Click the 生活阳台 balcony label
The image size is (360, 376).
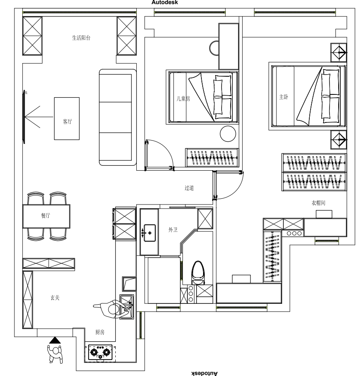point(81,38)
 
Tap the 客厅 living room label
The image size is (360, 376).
point(67,122)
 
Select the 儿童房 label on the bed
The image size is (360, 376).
point(183,99)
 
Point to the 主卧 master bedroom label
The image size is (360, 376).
point(284,97)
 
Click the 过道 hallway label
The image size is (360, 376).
point(189,188)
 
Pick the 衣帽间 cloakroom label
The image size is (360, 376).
point(318,203)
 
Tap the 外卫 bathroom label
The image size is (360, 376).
point(173,230)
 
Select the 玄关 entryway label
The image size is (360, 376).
point(55,298)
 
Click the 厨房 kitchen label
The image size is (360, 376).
point(100,332)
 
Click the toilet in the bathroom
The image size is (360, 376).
point(198,273)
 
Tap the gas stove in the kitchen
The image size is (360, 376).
point(100,352)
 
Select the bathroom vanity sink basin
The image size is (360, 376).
point(150,233)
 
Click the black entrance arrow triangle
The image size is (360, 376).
point(55,340)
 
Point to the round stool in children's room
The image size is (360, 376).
point(228,134)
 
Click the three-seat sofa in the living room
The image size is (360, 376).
point(118,117)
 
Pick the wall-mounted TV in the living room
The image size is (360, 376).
point(24,117)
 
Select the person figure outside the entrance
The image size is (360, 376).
point(56,354)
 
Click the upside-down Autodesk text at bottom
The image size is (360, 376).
point(204,373)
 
